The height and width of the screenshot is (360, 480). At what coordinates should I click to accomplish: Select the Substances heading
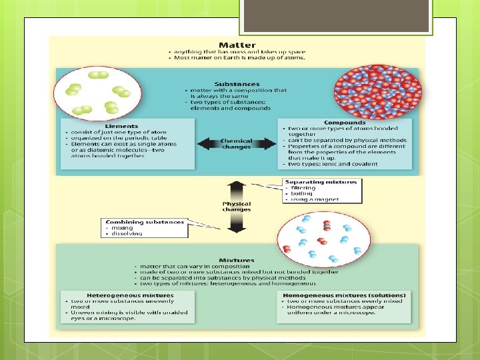tap(237, 83)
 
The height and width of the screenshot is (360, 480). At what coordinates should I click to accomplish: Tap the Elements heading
tap(121, 125)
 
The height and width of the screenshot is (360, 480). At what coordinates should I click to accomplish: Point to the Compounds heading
tap(345, 122)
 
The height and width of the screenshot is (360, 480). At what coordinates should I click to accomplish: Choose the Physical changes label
tap(237, 206)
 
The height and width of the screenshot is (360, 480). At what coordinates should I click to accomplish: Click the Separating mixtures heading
tap(321, 181)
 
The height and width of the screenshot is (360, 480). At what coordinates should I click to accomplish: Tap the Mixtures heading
tap(237, 260)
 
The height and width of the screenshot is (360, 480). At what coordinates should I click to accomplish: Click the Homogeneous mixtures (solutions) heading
tap(344, 295)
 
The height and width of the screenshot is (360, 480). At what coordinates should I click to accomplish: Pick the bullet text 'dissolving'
tap(126, 234)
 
